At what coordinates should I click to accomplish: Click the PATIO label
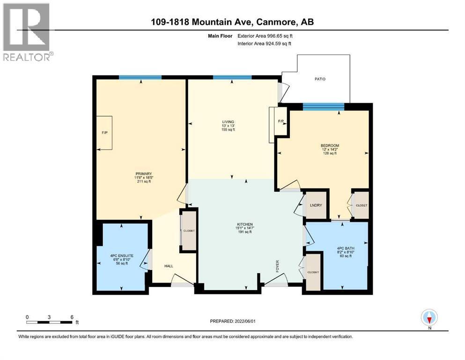click(x=320, y=79)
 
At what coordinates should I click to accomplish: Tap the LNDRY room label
click(x=316, y=205)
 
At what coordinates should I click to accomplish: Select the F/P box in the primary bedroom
click(x=104, y=133)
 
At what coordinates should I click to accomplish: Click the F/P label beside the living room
click(x=280, y=121)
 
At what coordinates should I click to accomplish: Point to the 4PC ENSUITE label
click(x=122, y=255)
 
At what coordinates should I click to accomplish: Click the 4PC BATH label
click(x=346, y=248)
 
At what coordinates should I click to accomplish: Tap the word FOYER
click(x=278, y=266)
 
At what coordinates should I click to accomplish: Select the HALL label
click(x=169, y=266)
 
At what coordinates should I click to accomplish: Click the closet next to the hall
click(x=189, y=231)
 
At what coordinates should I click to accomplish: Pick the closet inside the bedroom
click(x=361, y=205)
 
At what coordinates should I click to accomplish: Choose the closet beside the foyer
click(x=313, y=272)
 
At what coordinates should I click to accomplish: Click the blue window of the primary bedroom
click(x=140, y=77)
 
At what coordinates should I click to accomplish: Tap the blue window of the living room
click(x=232, y=77)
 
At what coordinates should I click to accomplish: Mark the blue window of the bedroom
click(x=324, y=106)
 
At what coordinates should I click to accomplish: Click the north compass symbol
click(x=429, y=318)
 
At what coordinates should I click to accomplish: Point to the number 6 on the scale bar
click(x=72, y=317)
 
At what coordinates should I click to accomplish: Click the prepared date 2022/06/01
click(x=245, y=321)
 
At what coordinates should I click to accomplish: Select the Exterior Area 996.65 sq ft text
click(x=265, y=36)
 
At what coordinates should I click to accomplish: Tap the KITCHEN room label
click(x=245, y=224)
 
